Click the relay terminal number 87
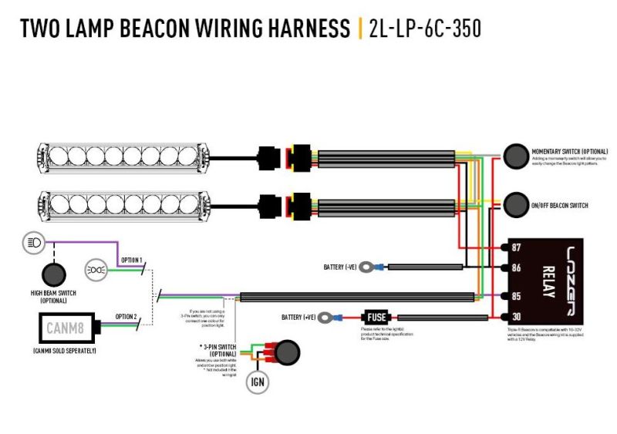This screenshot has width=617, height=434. (517, 247)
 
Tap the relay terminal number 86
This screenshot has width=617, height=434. (517, 267)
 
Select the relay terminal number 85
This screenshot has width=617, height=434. (517, 296)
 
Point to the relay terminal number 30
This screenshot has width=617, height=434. (517, 316)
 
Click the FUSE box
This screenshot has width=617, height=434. (376, 316)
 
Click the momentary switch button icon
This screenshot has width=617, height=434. (514, 155)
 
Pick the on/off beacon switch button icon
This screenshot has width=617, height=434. (514, 205)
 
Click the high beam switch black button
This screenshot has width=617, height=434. (53, 274)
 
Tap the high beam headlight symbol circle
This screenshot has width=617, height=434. (33, 243)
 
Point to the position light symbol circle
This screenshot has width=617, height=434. (97, 269)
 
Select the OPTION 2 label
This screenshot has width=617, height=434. (126, 316)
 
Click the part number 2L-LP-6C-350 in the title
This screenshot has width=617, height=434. (425, 29)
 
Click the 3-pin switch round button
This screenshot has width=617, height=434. (287, 352)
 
